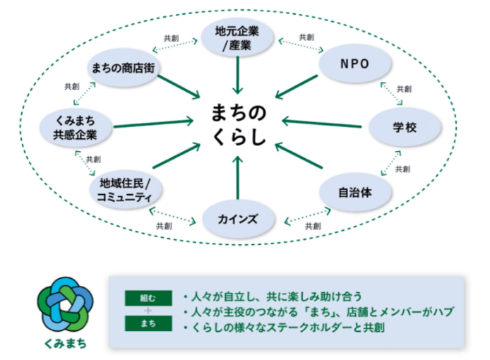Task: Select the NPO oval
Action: pos(354,64)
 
